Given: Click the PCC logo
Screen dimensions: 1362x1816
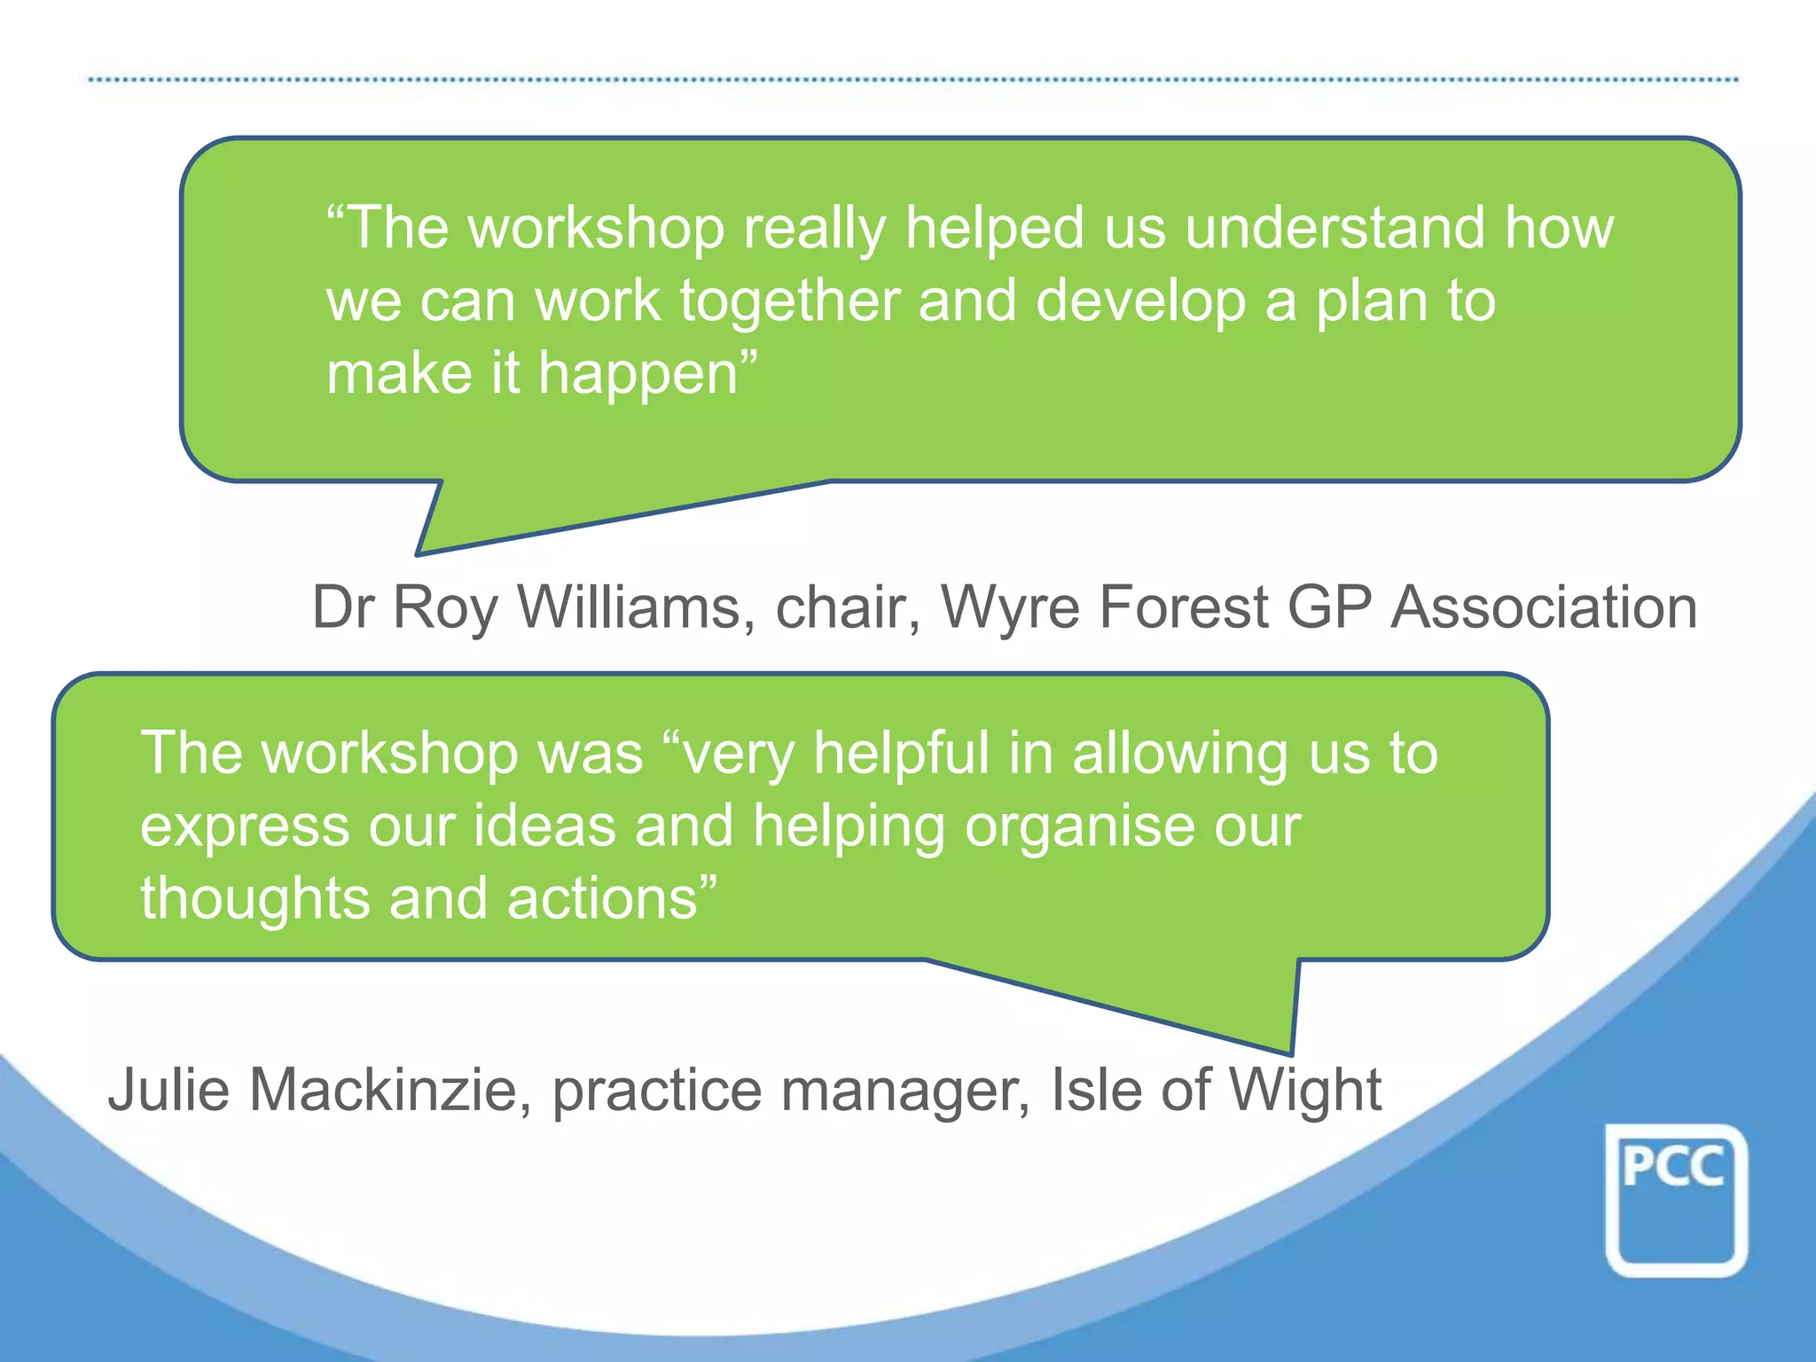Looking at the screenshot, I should click(1675, 1200).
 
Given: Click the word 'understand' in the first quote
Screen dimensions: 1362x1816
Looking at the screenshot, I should click(1335, 228).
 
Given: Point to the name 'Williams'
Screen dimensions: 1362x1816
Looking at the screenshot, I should click(629, 608).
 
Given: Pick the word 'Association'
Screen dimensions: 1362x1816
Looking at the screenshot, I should click(1544, 608).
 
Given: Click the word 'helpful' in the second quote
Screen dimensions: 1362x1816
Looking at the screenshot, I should click(901, 754).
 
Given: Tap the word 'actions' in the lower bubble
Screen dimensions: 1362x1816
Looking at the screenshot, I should click(603, 899).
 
